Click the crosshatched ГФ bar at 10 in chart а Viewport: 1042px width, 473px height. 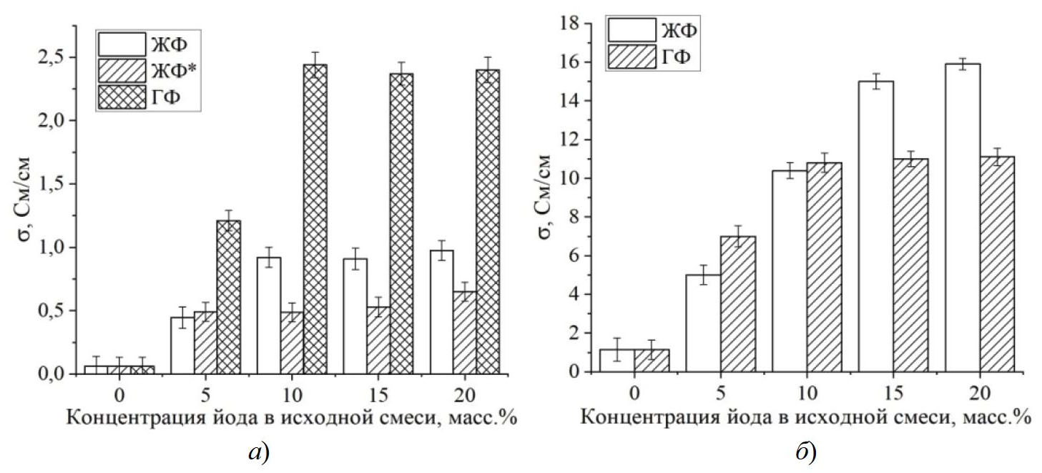tap(315, 219)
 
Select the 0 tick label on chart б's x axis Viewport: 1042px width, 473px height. tap(634, 393)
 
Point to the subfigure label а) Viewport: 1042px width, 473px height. tap(255, 452)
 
